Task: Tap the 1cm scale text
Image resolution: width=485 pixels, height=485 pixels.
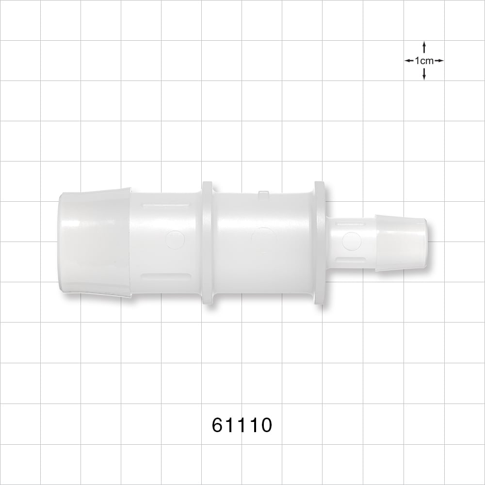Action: pos(424,61)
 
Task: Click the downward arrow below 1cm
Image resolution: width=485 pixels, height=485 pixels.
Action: pos(424,74)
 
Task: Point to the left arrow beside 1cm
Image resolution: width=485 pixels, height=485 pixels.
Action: pos(409,61)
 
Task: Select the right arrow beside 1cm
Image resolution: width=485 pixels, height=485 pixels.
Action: pos(439,61)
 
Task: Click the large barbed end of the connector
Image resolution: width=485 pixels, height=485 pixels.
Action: pos(95,242)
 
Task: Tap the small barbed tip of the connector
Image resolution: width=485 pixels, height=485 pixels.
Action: pos(402,243)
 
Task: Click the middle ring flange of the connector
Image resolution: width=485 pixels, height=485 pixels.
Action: pos(207,242)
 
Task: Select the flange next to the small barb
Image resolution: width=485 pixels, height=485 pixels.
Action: pos(320,243)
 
